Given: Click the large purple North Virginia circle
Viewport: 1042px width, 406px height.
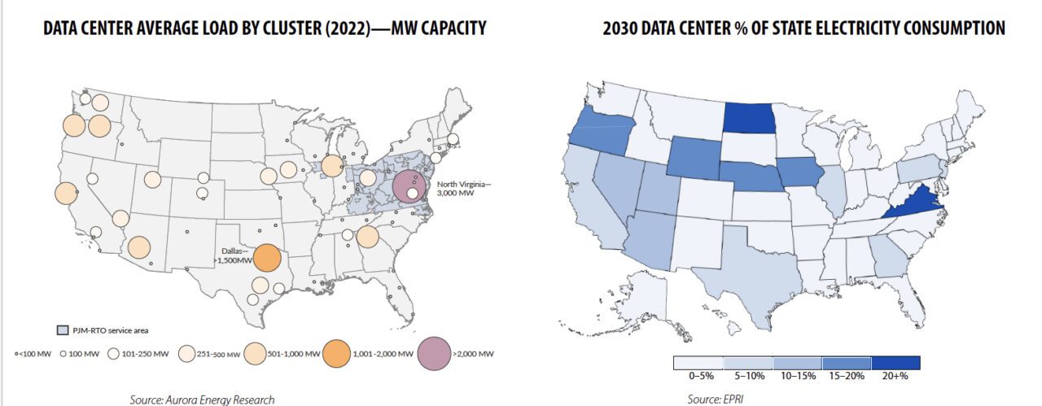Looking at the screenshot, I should coord(409,186).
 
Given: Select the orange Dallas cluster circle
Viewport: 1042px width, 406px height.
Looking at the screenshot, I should coord(267,259).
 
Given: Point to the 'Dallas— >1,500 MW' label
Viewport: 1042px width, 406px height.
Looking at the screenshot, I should coord(234,255).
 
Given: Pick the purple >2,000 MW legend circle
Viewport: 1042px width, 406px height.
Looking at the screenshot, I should coord(438,353).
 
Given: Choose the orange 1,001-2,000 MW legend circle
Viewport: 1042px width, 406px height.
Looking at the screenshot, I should coord(335,353).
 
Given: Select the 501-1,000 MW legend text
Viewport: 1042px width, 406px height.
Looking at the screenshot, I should coord(291,354).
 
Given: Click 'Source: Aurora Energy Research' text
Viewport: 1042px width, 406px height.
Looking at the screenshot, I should coord(202,399).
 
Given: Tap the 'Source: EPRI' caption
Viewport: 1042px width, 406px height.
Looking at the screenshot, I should coord(716,399).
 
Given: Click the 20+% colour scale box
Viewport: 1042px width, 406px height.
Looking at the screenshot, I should coord(895,363).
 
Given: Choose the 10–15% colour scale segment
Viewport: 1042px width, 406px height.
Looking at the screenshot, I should coord(797,363).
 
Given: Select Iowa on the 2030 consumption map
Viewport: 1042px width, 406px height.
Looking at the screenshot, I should coord(801,173).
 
